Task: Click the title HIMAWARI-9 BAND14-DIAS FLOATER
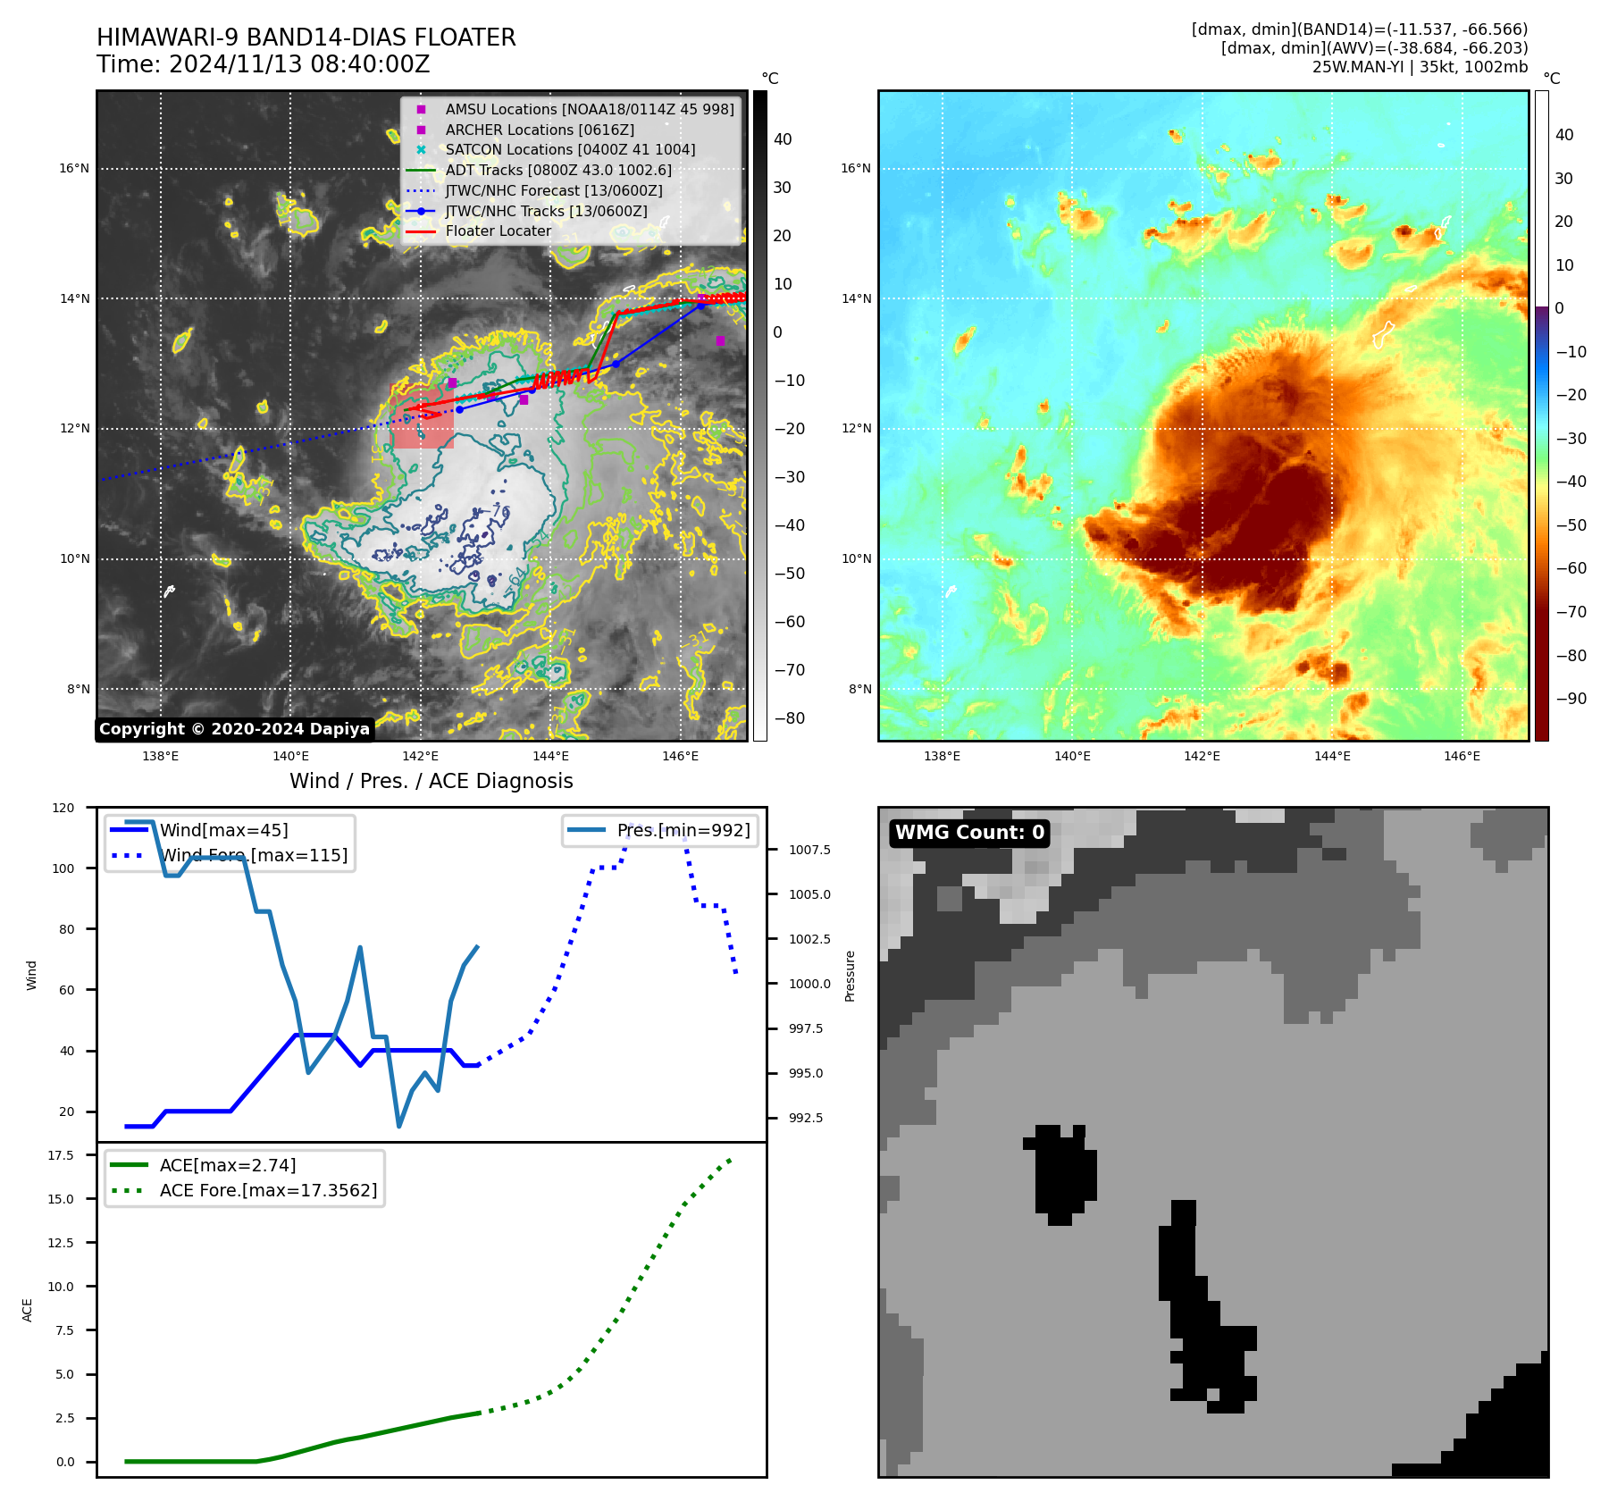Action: tap(306, 38)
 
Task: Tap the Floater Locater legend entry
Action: tap(498, 231)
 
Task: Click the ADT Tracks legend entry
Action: tap(557, 170)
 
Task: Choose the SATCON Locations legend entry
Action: tap(569, 149)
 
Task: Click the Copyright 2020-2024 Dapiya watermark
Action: tap(234, 729)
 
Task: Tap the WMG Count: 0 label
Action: tap(969, 833)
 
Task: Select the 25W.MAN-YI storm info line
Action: tap(1420, 67)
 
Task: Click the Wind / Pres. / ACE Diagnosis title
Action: tap(431, 781)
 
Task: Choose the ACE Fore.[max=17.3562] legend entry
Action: tap(268, 1190)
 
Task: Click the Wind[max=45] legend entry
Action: tap(223, 830)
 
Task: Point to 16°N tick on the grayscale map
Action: tap(75, 168)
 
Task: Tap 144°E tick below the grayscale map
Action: tap(550, 756)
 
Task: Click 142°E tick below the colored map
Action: tap(1202, 756)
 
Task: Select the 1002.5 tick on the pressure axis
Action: tap(809, 939)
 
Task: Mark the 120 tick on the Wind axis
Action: tap(64, 808)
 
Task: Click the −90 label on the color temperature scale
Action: tap(1571, 699)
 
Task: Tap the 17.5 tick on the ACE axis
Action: tap(61, 1155)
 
